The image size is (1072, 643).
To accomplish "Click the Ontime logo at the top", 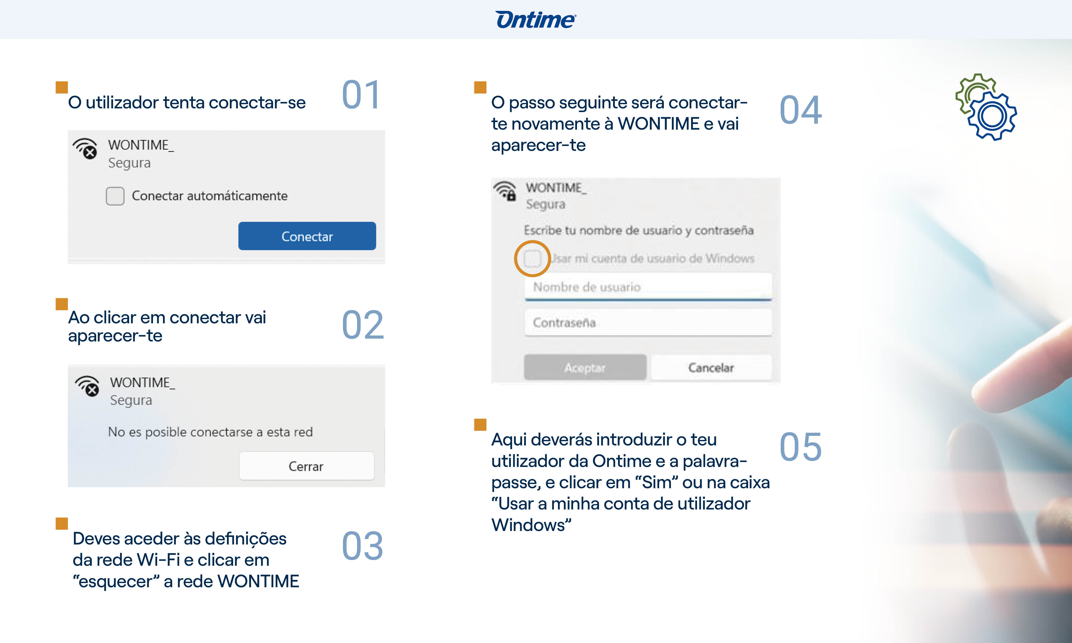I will pos(535,20).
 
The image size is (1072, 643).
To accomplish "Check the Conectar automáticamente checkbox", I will pos(115,196).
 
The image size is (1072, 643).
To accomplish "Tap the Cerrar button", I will pos(306,466).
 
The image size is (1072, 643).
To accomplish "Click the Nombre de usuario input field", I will pos(648,287).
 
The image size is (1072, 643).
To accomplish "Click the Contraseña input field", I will pos(648,323).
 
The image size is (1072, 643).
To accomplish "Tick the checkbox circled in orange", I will pos(532,259).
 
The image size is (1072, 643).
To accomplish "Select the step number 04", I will pos(800,110).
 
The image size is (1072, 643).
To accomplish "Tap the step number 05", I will pos(800,447).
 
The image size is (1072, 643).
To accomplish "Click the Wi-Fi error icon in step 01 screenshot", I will pos(85,149).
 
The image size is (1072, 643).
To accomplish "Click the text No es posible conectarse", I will pos(210,432).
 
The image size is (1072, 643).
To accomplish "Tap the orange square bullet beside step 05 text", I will pos(480,425).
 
